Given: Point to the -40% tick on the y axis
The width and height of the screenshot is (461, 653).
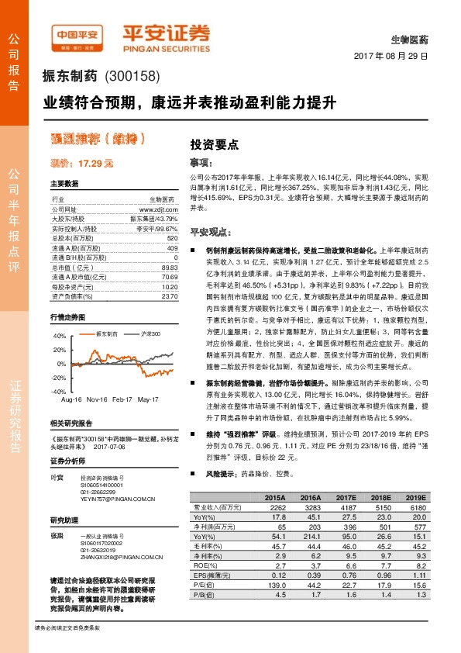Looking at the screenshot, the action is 60,392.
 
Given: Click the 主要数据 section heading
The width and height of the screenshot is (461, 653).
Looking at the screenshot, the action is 64,184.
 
